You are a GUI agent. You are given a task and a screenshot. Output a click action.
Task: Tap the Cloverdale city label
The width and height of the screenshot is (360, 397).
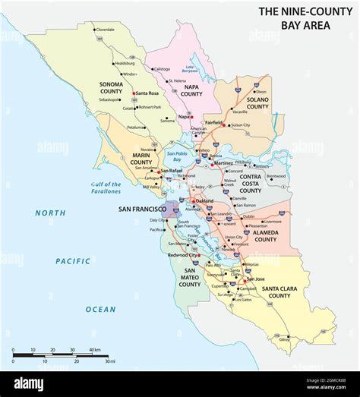pyautogui.click(x=106, y=30)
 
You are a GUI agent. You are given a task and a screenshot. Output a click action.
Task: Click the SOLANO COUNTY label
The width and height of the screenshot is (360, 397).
pyautogui.click(x=257, y=102)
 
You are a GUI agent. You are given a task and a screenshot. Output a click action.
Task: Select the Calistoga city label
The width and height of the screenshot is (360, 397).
pyautogui.click(x=162, y=69)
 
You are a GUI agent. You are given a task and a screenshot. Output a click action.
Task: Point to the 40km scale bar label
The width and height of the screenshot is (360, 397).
pyautogui.click(x=96, y=350)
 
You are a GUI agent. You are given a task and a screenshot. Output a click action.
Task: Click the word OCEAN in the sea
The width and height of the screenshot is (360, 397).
pyautogui.click(x=100, y=309)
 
